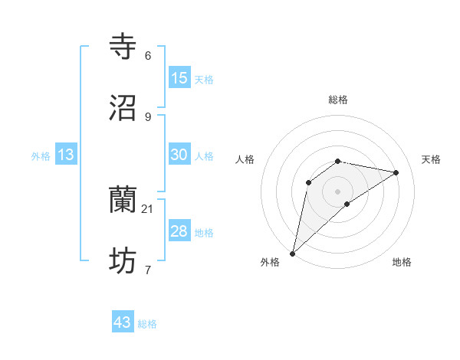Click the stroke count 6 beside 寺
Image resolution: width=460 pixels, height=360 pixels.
tap(147, 56)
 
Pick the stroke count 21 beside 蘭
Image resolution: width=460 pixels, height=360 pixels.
tap(148, 208)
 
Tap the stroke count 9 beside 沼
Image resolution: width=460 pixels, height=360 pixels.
tap(147, 116)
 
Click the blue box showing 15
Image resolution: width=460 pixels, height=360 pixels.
tap(179, 78)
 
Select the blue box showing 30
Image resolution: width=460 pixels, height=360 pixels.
tap(179, 154)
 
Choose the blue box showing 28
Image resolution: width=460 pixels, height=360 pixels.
tap(179, 231)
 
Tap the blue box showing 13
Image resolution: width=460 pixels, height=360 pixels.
tap(66, 155)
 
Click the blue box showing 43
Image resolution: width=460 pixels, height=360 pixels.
tap(123, 322)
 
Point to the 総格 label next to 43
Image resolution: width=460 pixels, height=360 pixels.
tap(147, 324)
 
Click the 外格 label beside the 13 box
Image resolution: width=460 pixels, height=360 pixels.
tap(41, 156)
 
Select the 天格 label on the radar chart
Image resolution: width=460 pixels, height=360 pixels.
tap(431, 159)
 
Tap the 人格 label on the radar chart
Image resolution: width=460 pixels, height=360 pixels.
tap(245, 159)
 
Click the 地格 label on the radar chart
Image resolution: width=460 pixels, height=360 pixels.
tap(402, 262)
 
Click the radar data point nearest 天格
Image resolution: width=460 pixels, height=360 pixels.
tap(396, 172)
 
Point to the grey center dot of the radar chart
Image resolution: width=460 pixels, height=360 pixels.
tap(338, 191)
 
